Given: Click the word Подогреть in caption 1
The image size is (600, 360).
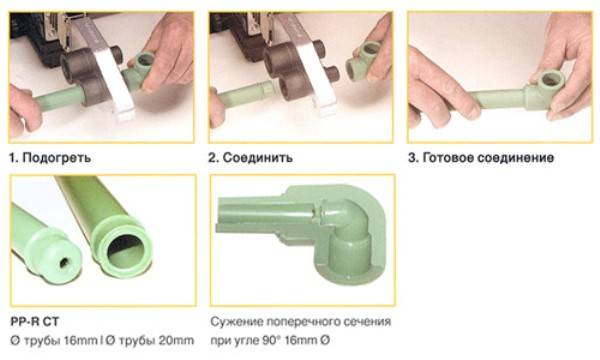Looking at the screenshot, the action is click(57, 158).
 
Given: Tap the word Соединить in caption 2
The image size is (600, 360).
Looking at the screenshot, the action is click(258, 158).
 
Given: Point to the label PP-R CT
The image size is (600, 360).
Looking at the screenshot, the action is click(35, 322).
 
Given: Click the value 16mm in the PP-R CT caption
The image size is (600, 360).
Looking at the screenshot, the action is click(80, 340).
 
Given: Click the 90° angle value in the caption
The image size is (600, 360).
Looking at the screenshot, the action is click(272, 340).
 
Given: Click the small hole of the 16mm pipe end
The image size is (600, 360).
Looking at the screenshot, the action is click(64, 262).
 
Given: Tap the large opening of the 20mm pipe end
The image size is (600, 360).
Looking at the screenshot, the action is click(126, 251).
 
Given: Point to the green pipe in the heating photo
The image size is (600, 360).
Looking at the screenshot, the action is click(58, 98).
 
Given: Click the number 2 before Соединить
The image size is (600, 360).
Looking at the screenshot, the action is click(213, 158).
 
